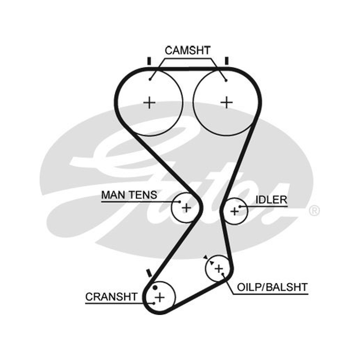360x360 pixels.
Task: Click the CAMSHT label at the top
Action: click(188, 50)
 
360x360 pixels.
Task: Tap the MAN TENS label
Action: click(129, 195)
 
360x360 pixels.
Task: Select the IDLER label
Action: click(271, 200)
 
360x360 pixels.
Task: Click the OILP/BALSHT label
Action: click(272, 287)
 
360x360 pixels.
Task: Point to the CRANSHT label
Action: click(111, 297)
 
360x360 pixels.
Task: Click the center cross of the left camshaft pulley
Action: click(149, 103)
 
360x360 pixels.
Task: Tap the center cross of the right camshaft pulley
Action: click(227, 103)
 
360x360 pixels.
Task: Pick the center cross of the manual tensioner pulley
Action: click(186, 208)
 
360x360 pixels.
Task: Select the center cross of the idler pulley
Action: click(234, 211)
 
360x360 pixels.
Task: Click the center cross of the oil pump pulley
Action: click(219, 268)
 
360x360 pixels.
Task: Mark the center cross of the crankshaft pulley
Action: click(160, 297)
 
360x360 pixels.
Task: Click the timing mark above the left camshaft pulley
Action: click(149, 61)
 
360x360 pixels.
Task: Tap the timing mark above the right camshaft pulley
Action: click(227, 61)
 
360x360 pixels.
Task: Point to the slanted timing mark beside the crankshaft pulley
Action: click(149, 273)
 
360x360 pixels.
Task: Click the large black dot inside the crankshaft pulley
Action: click(155, 288)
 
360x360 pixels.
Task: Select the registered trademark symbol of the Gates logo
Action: click(314, 211)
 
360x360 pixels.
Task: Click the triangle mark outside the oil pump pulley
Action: click(206, 257)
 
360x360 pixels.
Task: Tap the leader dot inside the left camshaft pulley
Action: click(150, 80)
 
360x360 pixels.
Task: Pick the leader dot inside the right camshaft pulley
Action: click(226, 81)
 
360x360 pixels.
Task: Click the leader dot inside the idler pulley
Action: click(240, 207)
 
